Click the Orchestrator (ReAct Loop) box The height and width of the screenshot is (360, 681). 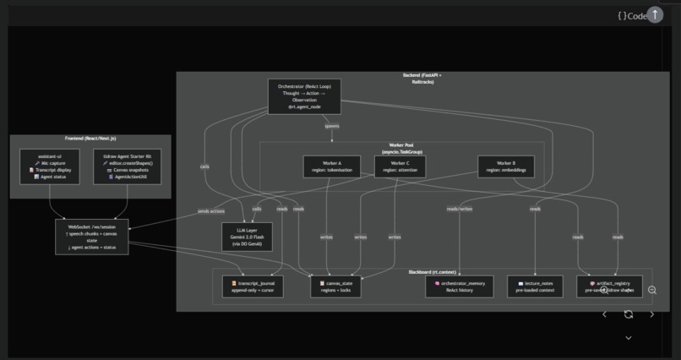304,96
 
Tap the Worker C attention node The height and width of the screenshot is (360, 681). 400,166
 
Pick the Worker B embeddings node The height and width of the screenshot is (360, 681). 506,166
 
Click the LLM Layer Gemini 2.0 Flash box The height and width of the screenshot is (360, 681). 248,237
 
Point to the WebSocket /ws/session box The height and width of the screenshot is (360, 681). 92,237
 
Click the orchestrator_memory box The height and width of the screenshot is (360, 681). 459,286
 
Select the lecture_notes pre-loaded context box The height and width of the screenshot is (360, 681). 534,286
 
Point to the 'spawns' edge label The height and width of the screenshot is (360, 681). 332,126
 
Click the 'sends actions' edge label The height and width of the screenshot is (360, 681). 210,211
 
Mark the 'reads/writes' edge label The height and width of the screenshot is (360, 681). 460,209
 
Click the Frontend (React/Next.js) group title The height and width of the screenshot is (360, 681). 90,139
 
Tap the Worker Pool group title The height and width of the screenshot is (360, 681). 401,148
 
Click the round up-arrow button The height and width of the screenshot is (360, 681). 655,15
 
